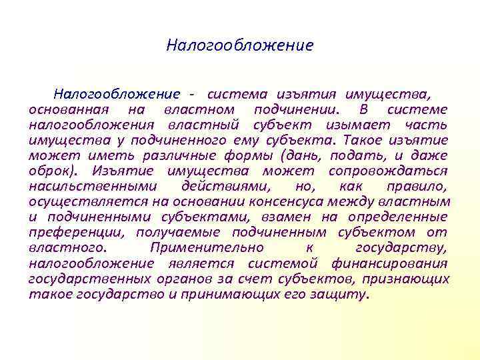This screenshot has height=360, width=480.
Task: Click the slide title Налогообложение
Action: pos(239,46)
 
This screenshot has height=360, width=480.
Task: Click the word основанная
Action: pos(65,108)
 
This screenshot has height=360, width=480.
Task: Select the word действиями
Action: pos(219,186)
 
